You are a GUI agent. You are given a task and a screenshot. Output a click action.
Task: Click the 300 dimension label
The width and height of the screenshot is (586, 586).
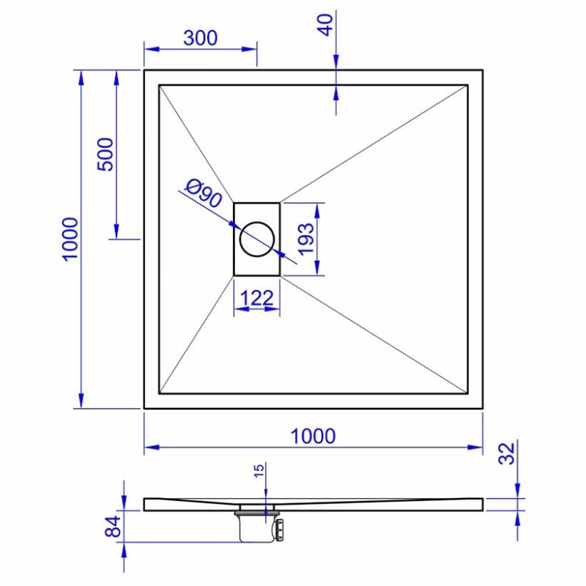click(200, 38)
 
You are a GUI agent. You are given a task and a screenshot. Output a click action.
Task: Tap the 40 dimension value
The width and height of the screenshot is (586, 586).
click(326, 25)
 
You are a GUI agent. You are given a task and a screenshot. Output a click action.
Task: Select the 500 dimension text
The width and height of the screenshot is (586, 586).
click(105, 155)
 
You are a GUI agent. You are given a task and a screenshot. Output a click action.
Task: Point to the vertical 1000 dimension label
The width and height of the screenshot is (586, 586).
click(70, 239)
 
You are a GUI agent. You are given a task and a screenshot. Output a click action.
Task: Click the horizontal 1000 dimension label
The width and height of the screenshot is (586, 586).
click(313, 436)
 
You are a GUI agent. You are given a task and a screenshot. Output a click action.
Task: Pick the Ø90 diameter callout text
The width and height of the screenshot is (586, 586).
click(204, 193)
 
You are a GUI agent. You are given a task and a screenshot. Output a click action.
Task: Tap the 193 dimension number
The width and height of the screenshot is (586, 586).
click(306, 239)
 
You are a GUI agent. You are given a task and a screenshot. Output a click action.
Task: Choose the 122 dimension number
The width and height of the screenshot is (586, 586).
click(257, 298)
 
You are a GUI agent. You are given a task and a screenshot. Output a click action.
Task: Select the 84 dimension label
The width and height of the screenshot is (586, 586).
click(113, 526)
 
